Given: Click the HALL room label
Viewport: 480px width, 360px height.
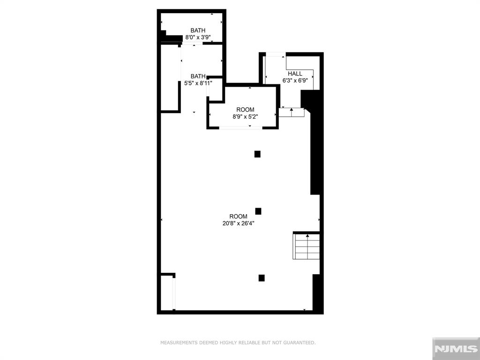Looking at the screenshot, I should pos(295,74).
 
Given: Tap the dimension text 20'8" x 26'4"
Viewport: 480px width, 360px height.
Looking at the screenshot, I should pos(239,224).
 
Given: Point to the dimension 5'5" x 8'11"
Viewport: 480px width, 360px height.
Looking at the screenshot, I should pos(198,83).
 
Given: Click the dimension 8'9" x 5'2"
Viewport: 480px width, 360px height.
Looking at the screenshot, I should pos(245,117).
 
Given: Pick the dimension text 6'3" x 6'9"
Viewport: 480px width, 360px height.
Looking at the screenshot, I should pos(295,80).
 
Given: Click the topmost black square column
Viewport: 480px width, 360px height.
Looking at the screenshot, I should pos(257,154).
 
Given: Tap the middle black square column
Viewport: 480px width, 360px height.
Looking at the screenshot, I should pos(258,211).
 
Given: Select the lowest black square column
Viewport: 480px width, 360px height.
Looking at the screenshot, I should pos(262,278).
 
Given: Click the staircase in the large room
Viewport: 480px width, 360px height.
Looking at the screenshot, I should pos(307,246).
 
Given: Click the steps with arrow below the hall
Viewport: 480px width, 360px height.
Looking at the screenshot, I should pos(292,112).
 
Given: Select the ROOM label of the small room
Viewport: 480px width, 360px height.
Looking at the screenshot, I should pos(245,110).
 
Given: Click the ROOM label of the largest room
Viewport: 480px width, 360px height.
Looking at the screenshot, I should pos(239,217).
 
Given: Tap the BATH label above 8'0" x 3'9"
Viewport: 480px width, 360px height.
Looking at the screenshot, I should pos(198,30).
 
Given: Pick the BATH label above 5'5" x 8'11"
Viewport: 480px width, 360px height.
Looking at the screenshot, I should pos(198,76).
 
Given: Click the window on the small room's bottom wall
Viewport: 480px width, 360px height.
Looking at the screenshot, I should pos(241,127).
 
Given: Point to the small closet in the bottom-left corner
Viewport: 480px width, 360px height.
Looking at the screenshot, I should pos(167,292).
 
